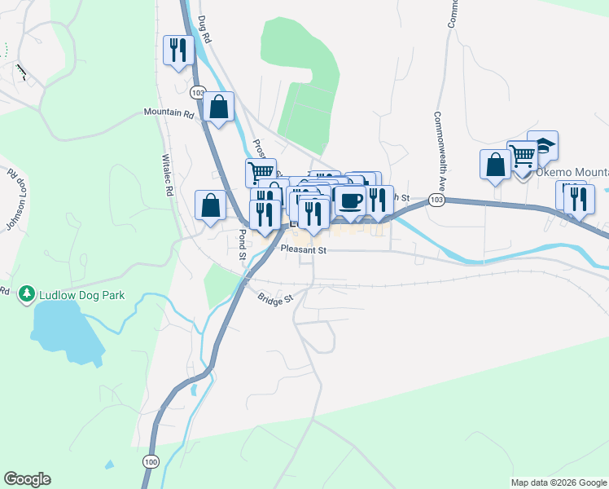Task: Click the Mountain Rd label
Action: [x=169, y=112]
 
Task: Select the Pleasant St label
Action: [x=303, y=250]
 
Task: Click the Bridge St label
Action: [x=276, y=300]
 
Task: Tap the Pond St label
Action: [x=242, y=244]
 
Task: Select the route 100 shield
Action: [x=151, y=461]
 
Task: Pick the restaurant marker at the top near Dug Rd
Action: [x=177, y=50]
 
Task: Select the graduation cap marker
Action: [x=542, y=145]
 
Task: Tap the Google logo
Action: [x=28, y=479]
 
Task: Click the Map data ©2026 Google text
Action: [x=559, y=482]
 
